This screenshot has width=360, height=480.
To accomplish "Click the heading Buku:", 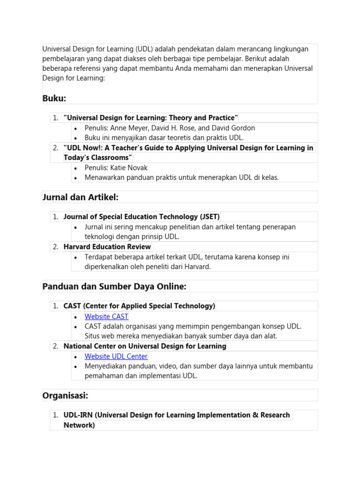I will point(54,98).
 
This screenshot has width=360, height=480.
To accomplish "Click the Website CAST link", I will point(106,316).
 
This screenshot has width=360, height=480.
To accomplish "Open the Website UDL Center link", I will point(116,356).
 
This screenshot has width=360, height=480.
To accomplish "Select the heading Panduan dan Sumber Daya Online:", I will point(114,286).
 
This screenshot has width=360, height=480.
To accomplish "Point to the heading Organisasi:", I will point(65,396).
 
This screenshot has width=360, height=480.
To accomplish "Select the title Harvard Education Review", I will point(107,247).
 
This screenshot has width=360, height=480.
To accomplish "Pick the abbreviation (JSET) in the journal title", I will point(209,217).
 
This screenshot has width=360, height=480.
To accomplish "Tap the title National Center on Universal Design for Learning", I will point(145,346).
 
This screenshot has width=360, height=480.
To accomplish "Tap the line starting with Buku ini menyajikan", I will point(164,138).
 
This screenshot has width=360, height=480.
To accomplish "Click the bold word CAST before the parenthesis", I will point(72,306).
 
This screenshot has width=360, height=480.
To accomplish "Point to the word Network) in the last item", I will point(79,425).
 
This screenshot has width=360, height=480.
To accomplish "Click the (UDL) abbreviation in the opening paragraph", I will point(144,49).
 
